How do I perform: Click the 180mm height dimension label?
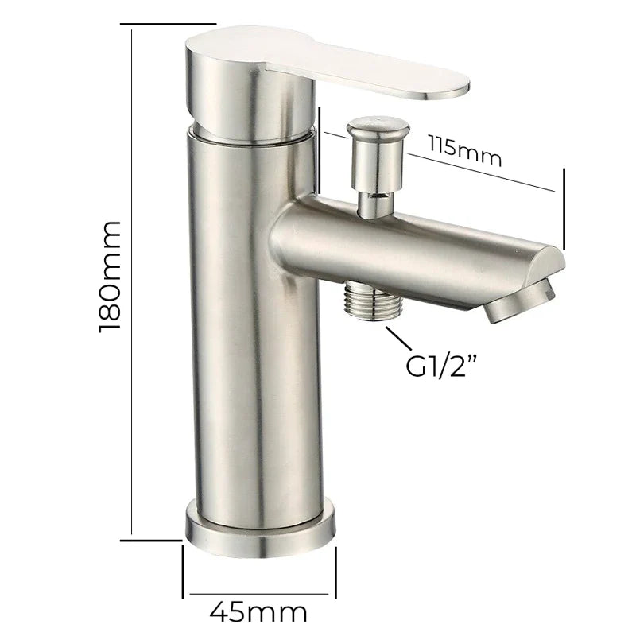110,277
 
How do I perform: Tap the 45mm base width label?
258,611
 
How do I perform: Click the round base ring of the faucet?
261,531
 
